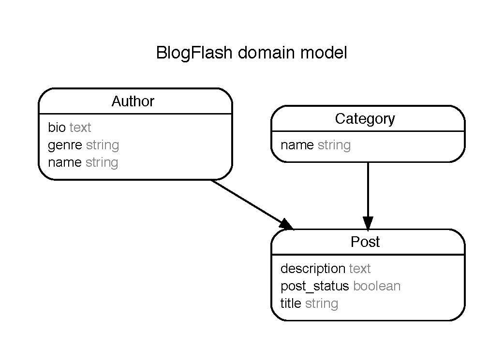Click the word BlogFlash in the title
pyautogui.click(x=195, y=53)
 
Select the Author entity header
pyautogui.click(x=133, y=101)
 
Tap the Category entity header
pyautogui.click(x=365, y=119)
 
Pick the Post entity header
pyautogui.click(x=365, y=242)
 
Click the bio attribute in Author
pyautogui.click(x=57, y=128)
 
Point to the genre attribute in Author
pyautogui.click(x=65, y=145)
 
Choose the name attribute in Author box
pyautogui.click(x=65, y=162)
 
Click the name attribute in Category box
pyautogui.click(x=297, y=145)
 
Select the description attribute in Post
pyautogui.click(x=312, y=269)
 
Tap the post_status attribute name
pyautogui.click(x=314, y=286)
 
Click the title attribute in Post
pyautogui.click(x=291, y=303)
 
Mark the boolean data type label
pyautogui.click(x=377, y=286)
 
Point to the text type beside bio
pyautogui.click(x=80, y=128)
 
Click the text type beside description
pyautogui.click(x=360, y=269)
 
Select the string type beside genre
pyautogui.click(x=102, y=145)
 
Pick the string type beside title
pyautogui.click(x=321, y=303)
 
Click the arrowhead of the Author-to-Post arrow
pyautogui.click(x=287, y=224)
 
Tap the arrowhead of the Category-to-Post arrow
pyautogui.click(x=368, y=223)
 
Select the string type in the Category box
pyautogui.click(x=334, y=145)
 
